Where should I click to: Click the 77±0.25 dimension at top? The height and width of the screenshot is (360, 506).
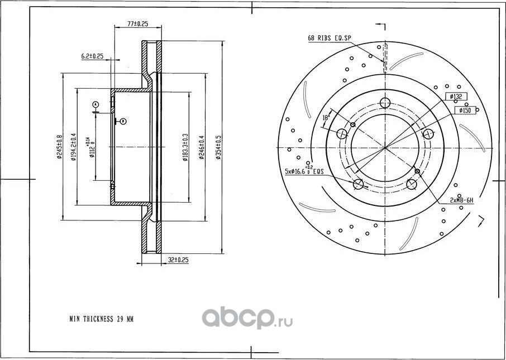(x=137, y=24)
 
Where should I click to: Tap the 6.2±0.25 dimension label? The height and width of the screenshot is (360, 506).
(x=93, y=56)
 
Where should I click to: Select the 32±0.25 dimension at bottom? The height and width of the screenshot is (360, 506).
(x=178, y=260)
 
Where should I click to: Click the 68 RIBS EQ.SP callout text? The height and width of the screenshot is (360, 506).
(x=330, y=38)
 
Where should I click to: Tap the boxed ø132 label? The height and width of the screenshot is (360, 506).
(x=457, y=97)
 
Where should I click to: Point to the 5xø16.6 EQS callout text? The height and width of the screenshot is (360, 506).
(x=304, y=172)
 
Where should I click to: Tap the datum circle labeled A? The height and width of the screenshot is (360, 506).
(x=96, y=104)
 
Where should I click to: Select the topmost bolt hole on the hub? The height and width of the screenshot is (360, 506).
(x=384, y=102)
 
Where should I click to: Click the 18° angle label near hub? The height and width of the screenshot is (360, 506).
(x=325, y=118)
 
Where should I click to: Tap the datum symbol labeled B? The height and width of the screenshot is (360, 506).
(x=123, y=121)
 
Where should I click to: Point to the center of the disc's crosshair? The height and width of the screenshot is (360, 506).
(x=385, y=148)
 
